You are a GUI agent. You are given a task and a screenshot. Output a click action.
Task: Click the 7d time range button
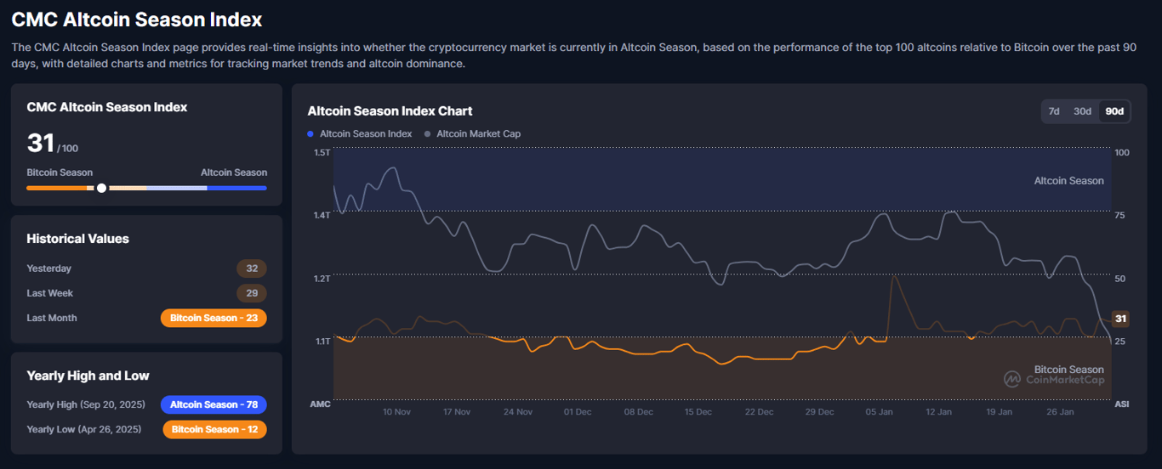[1054, 111]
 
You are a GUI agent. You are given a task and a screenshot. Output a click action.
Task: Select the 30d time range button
[1082, 111]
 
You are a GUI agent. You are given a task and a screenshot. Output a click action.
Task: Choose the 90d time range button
[1114, 111]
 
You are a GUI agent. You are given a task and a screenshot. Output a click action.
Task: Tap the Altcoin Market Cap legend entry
[477, 133]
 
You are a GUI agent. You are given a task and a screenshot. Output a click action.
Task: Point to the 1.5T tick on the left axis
[322, 152]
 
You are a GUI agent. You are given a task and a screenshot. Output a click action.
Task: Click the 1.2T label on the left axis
[322, 279]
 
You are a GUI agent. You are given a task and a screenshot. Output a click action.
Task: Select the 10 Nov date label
[396, 412]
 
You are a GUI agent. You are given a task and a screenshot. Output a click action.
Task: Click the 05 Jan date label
[880, 412]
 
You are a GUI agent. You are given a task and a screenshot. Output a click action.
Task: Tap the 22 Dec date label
[759, 412]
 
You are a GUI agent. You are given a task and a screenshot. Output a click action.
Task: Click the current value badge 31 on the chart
[1120, 319]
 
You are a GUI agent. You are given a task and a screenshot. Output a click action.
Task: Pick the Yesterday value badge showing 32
[251, 268]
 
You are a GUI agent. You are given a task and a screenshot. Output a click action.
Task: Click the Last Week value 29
[251, 293]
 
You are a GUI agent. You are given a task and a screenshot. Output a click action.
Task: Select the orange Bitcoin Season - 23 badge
[214, 318]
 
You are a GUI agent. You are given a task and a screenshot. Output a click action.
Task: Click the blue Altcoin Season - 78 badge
[214, 404]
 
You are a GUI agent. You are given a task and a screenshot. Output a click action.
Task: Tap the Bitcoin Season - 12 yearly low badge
[214, 429]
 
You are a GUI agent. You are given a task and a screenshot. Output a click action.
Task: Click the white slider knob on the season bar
[101, 188]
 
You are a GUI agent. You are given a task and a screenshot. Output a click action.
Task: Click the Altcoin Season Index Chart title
[390, 110]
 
